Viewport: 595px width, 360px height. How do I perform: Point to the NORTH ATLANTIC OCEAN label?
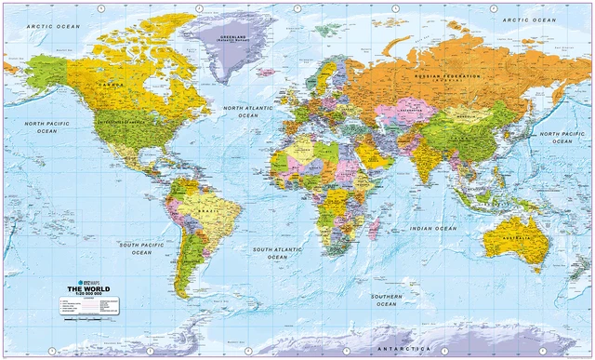(247, 113)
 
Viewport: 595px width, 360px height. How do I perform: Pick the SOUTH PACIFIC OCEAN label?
(141, 247)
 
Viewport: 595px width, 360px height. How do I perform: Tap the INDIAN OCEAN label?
(433, 228)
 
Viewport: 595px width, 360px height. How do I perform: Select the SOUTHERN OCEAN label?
(386, 300)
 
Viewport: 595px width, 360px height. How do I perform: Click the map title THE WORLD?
(93, 288)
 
